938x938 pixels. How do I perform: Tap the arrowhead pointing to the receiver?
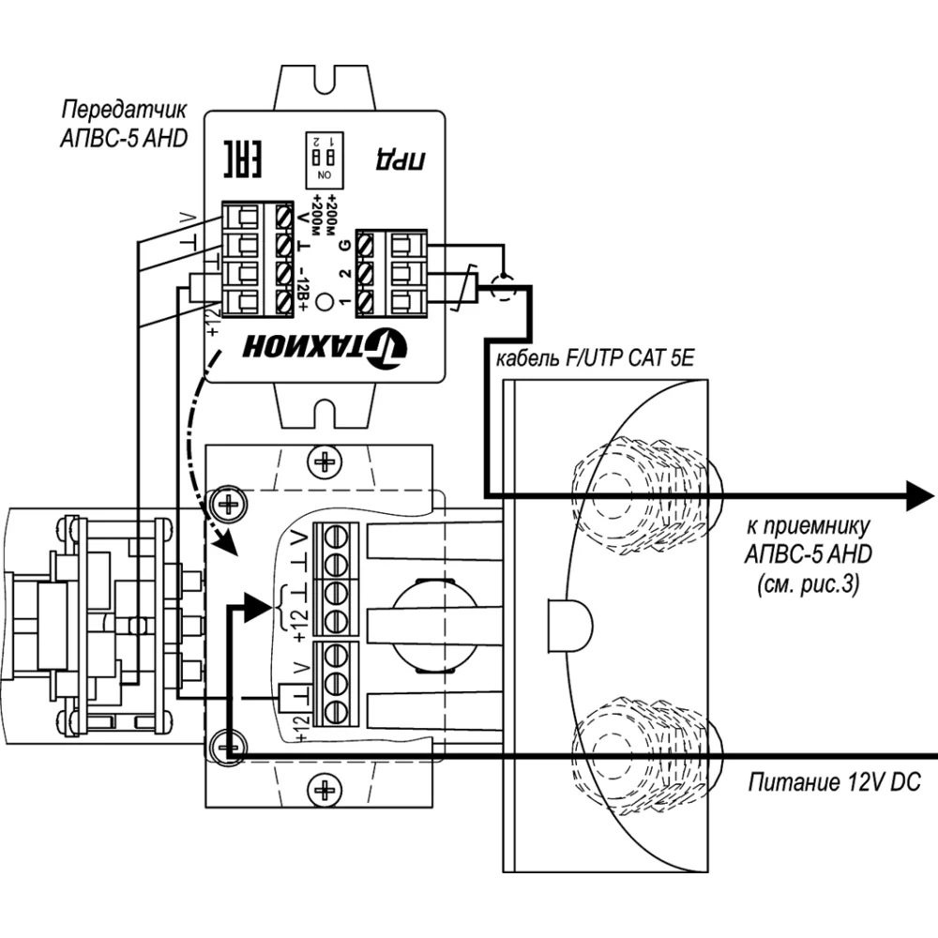tap(915, 494)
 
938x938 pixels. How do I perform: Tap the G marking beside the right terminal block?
tap(344, 246)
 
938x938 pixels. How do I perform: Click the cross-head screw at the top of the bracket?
tap(325, 461)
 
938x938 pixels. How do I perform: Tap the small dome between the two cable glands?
tap(568, 619)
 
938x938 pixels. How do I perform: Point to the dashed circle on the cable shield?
tap(503, 285)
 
